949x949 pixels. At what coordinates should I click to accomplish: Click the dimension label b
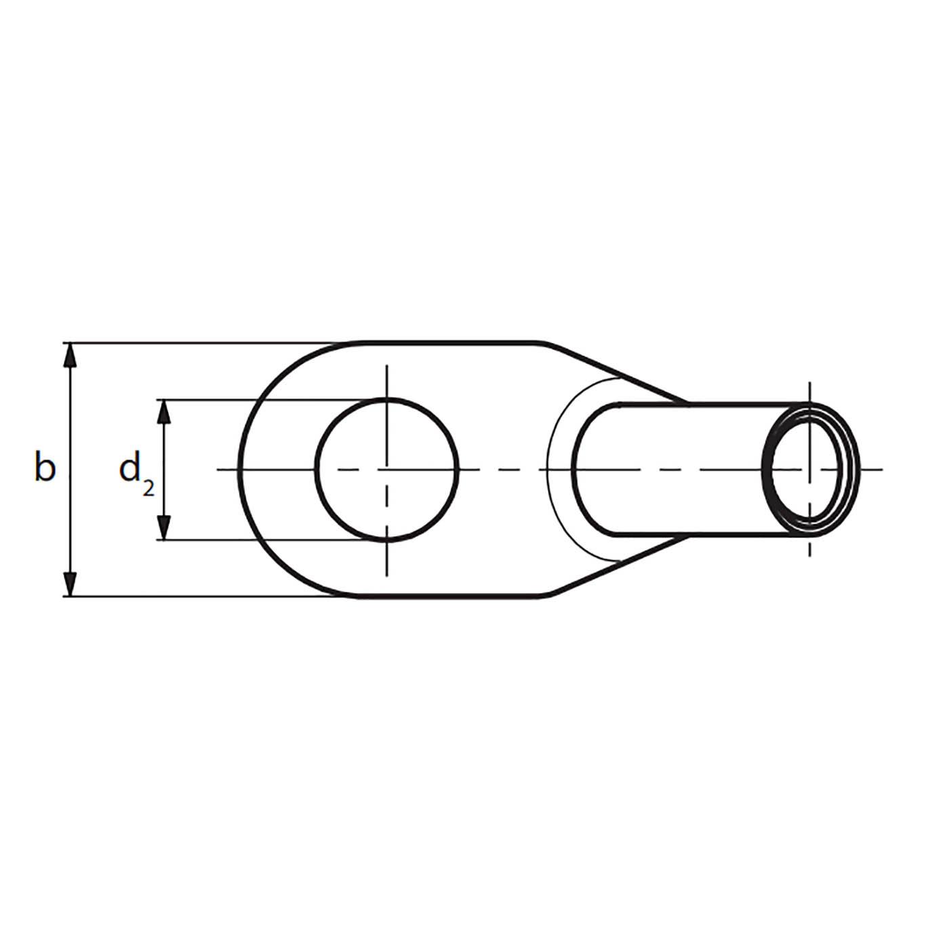[x=44, y=468]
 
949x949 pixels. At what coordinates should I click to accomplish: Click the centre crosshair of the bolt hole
[x=387, y=468]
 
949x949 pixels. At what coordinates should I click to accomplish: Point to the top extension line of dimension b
[x=203, y=343]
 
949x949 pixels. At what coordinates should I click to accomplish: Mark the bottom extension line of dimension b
[x=203, y=597]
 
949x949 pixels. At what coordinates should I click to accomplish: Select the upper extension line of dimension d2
[x=271, y=399]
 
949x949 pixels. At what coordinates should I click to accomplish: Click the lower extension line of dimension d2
[x=271, y=540]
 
